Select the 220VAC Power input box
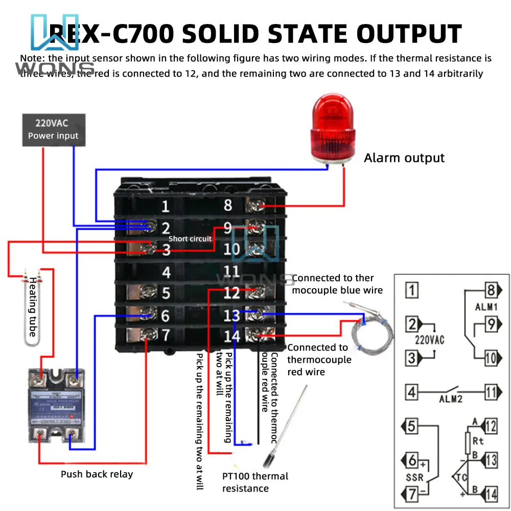[53, 129]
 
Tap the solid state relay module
[56, 409]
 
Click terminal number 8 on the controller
[228, 205]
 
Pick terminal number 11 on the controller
[231, 271]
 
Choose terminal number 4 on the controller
[166, 272]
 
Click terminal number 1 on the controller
[165, 207]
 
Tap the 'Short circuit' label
[190, 239]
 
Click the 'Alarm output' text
[404, 158]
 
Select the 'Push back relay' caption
[97, 474]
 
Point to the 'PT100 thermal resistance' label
[255, 482]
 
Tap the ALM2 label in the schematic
[450, 399]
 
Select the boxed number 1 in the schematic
[412, 291]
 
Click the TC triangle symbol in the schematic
[458, 477]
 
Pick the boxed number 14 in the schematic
[491, 494]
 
